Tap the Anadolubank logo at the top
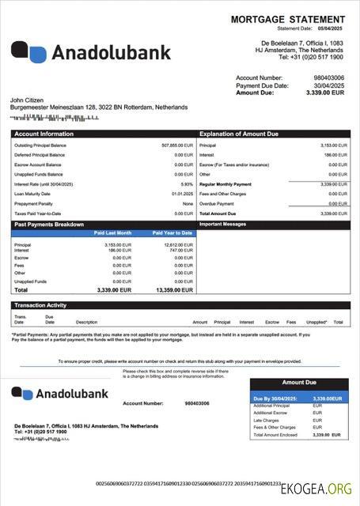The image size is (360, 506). [x=91, y=52]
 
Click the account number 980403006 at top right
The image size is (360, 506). [x=328, y=77]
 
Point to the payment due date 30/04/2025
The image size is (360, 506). [x=329, y=85]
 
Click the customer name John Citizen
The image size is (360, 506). [x=28, y=100]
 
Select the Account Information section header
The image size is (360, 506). [x=44, y=134]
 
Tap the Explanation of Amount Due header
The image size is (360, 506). [x=238, y=134]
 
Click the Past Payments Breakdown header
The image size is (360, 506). [x=49, y=225]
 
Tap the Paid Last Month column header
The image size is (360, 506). [x=113, y=233]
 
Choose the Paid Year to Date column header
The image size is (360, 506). [x=173, y=233]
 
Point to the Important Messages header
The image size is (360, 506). [x=222, y=225]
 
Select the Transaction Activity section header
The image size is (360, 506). [x=45, y=305]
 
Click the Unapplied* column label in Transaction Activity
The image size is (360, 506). [x=316, y=323]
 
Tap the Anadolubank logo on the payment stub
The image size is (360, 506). [x=55, y=393]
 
